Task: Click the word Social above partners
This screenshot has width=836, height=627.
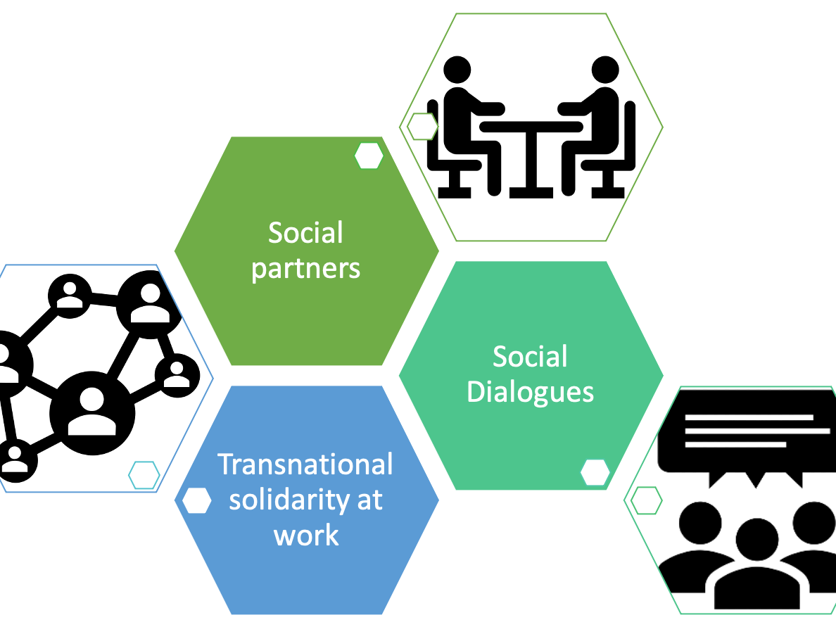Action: click(x=305, y=233)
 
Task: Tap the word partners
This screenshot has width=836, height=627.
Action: click(x=305, y=269)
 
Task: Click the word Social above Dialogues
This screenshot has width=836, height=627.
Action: click(x=530, y=357)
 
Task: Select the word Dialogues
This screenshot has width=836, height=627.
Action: click(x=530, y=393)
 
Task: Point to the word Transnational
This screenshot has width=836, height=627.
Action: click(x=305, y=464)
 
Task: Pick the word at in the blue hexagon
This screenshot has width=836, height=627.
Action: click(x=370, y=501)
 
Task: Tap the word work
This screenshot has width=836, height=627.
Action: click(x=306, y=536)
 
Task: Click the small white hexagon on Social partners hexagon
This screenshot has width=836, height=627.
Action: click(x=369, y=156)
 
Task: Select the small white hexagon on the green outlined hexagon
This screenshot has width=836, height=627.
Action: click(x=423, y=127)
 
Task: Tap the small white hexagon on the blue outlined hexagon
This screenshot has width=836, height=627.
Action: click(x=144, y=475)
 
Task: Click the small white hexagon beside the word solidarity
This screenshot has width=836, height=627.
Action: click(x=197, y=500)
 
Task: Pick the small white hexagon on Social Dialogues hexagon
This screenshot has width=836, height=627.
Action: click(x=595, y=472)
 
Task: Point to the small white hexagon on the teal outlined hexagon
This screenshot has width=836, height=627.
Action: click(x=646, y=500)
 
